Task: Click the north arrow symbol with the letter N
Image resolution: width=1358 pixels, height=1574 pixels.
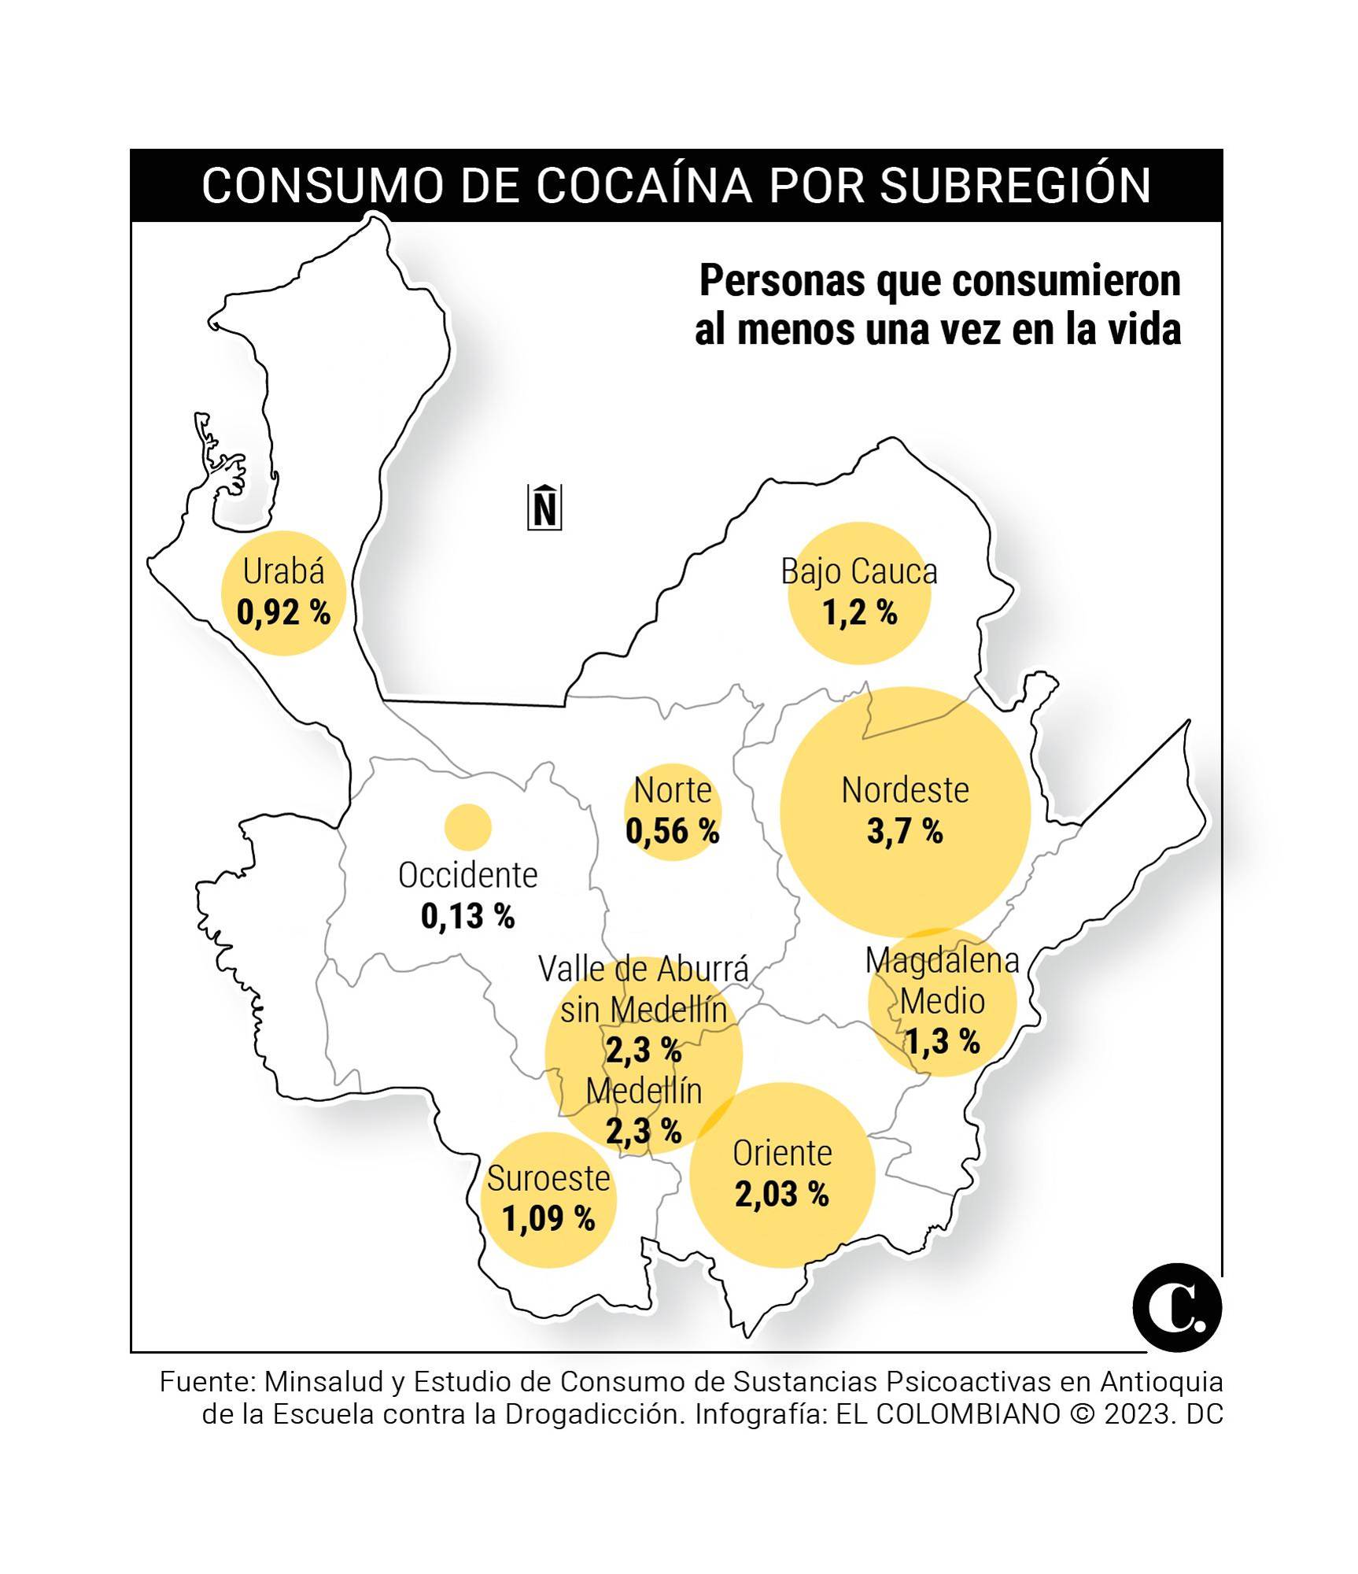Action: pos(544,508)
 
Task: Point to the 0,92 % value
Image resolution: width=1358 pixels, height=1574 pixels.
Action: pos(283,613)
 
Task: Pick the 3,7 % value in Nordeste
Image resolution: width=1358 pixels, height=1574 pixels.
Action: pos(905,832)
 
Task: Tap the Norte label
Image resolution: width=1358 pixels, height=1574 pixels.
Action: pos(673,790)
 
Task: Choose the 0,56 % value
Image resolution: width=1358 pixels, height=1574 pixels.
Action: pos(673,831)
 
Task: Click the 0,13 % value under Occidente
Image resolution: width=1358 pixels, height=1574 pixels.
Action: pos(468,916)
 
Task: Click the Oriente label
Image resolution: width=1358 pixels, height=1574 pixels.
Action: pos(782,1154)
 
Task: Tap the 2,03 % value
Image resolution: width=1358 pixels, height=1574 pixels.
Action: pos(782,1195)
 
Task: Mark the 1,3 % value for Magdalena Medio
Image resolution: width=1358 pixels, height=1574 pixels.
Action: pos(942,1042)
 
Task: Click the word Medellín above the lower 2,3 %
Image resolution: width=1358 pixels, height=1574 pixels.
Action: pos(644,1092)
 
